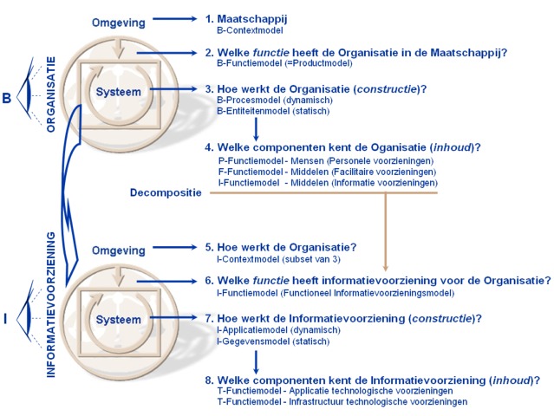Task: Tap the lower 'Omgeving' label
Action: (x=118, y=250)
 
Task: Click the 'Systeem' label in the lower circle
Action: (x=118, y=320)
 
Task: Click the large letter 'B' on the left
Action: (x=7, y=98)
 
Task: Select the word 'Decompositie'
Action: (x=165, y=193)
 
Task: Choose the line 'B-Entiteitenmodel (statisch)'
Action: (x=273, y=111)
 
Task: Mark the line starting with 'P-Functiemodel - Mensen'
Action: (x=326, y=160)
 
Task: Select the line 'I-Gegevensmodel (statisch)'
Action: (x=273, y=341)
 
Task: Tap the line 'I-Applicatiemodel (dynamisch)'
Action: (x=278, y=329)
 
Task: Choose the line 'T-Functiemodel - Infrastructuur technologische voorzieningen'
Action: (x=342, y=401)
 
